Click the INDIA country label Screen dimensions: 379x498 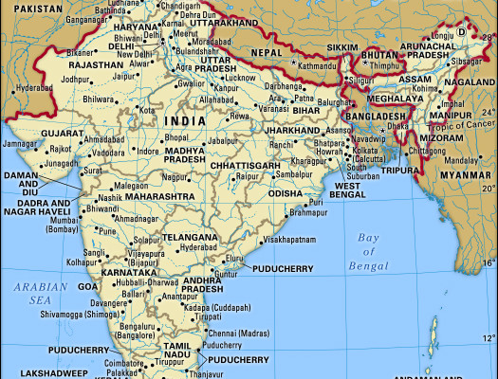point(184,122)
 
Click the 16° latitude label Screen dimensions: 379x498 point(488,262)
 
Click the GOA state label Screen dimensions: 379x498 point(87,285)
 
